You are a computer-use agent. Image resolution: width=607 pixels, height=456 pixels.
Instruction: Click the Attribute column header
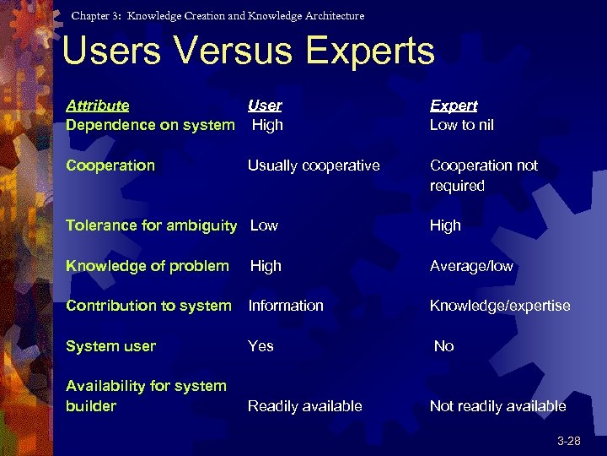coord(98,106)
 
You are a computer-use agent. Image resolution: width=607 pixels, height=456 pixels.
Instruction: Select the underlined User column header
coord(265,106)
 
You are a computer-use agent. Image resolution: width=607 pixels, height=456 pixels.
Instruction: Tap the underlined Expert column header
coord(454,106)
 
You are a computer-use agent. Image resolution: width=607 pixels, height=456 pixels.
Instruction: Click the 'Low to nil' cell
coord(462,125)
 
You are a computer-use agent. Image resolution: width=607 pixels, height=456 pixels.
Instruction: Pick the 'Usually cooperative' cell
coord(314,166)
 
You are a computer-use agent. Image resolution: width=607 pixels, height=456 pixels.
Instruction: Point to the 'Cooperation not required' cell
coord(483,176)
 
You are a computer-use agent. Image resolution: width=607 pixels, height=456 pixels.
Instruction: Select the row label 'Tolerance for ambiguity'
coord(151,225)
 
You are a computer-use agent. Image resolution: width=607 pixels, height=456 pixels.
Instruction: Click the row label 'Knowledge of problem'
coord(148,266)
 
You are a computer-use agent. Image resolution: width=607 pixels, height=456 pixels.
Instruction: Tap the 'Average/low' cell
coord(471,266)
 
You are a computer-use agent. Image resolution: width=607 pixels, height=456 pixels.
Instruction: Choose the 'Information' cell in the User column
coord(286,306)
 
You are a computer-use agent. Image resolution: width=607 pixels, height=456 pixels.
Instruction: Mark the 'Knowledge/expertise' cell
coord(500,306)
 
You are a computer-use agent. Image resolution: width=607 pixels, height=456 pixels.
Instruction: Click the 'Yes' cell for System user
coord(261,346)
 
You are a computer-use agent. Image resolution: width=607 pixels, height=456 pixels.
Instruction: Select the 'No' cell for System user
coord(443,346)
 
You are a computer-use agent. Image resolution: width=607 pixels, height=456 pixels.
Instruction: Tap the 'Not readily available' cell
coord(497,406)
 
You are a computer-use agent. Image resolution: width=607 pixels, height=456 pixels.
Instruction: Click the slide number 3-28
coord(568,442)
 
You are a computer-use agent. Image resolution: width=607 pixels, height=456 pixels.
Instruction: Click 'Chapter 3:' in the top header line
coord(97,16)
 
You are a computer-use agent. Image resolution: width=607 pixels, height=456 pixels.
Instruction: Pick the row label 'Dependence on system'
coord(150,125)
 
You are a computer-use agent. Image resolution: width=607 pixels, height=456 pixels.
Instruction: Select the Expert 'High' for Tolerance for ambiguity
coord(445,225)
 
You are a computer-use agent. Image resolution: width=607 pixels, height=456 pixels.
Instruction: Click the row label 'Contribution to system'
coord(148,306)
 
